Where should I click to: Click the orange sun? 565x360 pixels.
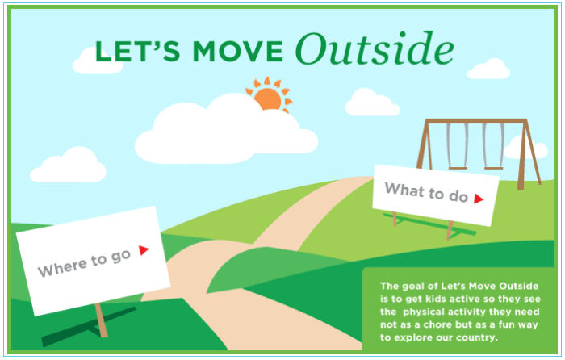click(267, 98)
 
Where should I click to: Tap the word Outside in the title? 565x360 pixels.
click(374, 50)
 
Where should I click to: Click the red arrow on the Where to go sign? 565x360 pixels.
click(144, 250)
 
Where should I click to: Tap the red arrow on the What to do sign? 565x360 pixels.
click(478, 199)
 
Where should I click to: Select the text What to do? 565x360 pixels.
click(425, 192)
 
